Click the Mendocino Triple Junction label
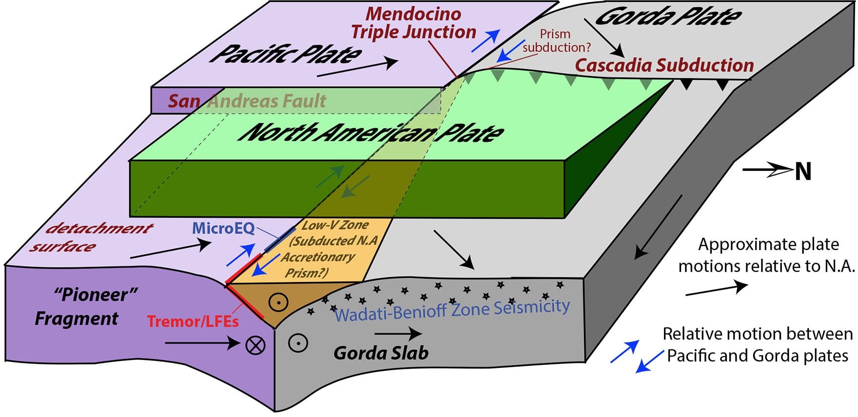coord(413,23)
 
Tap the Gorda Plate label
coord(668,17)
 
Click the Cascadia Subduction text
coord(664,65)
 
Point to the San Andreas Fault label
coord(247,101)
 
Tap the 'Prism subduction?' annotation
coord(557,41)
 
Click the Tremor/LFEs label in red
coord(193,322)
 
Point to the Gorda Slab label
coord(381,353)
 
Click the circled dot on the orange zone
coord(278,303)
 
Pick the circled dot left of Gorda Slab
coord(297,342)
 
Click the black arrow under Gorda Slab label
coord(398,334)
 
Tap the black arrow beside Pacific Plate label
coord(357,68)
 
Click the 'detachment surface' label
coord(92,237)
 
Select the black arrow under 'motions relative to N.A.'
coord(716,289)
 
